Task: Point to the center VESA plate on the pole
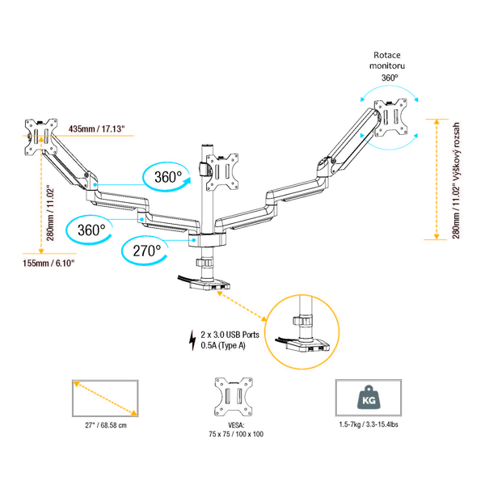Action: pos(221,171)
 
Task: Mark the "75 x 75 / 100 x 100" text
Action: pos(230,435)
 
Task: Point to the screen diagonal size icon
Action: pos(103,399)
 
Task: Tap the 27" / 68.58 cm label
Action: pos(103,424)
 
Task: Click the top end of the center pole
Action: pos(200,146)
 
